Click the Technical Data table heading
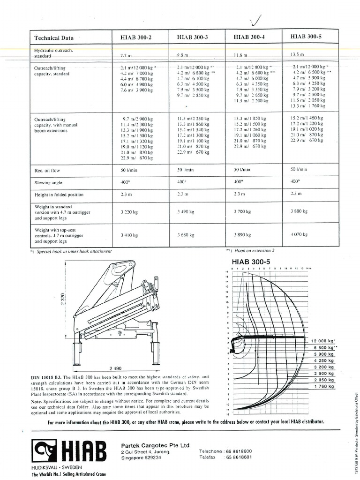[54, 38]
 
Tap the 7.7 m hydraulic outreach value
[127, 56]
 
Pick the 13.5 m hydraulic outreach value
[298, 54]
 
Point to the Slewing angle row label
[48, 183]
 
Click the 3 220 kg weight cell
[128, 212]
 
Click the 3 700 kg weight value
[242, 212]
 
